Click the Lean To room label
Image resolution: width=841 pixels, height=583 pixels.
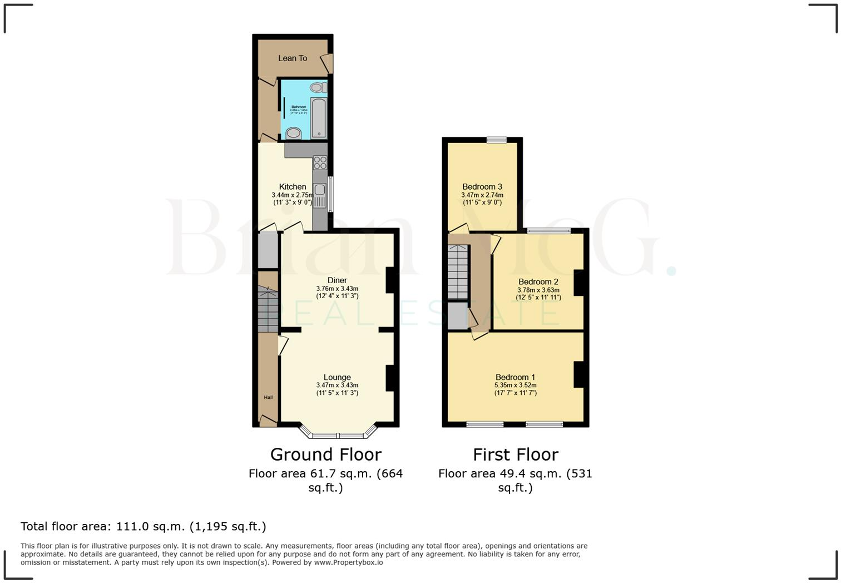click(x=293, y=58)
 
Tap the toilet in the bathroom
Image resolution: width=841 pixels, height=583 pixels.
click(x=318, y=87)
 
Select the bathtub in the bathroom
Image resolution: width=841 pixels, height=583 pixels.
click(x=319, y=117)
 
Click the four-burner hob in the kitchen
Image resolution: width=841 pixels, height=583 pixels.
click(x=320, y=162)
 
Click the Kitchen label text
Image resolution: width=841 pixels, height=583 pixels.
click(x=293, y=187)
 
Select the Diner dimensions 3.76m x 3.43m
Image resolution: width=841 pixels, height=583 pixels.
click(x=337, y=289)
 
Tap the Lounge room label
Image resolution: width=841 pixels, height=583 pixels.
click(x=337, y=377)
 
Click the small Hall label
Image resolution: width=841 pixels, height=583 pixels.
click(x=268, y=397)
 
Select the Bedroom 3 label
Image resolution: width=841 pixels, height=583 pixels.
click(x=482, y=187)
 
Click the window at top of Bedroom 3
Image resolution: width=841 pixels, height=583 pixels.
click(x=497, y=140)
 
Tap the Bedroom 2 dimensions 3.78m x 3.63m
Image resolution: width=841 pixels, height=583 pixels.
click(x=538, y=290)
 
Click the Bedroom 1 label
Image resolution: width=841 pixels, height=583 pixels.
click(x=515, y=377)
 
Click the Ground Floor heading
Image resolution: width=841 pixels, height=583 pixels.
click(x=325, y=454)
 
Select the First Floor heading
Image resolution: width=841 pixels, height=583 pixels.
click(x=515, y=454)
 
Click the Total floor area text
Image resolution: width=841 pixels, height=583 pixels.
click(x=144, y=526)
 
